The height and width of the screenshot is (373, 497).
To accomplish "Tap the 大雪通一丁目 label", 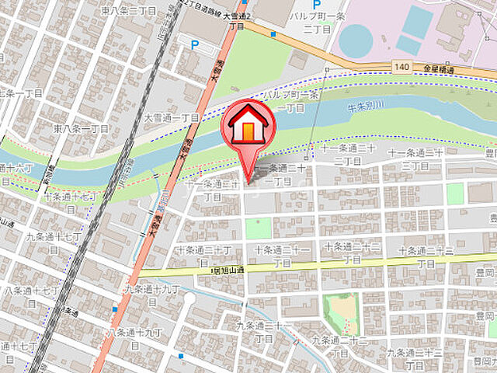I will (171, 117).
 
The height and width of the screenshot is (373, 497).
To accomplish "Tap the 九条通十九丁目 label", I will (151, 295).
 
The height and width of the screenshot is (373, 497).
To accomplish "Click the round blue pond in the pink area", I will (356, 40).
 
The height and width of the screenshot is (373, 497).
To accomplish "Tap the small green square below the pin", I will (259, 228).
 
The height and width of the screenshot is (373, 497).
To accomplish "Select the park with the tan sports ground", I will (341, 312).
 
